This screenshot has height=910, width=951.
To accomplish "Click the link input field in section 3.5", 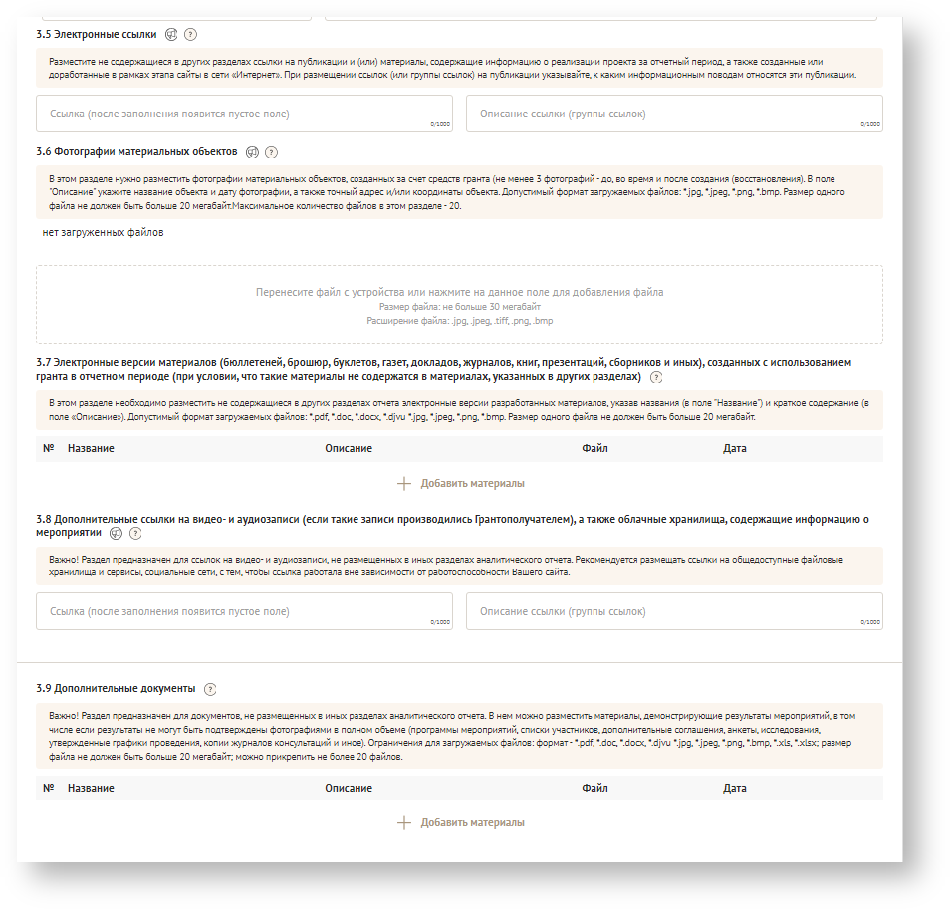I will [x=244, y=114].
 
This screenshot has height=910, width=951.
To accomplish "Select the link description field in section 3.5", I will [x=674, y=114].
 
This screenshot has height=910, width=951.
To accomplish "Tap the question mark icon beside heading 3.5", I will [x=191, y=34].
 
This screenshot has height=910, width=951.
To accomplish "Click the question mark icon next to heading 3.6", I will [x=271, y=152].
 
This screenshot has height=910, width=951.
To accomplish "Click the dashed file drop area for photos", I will [x=459, y=305].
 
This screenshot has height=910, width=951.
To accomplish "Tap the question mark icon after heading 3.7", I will [x=655, y=378].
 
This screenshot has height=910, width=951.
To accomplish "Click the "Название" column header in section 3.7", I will [x=91, y=449].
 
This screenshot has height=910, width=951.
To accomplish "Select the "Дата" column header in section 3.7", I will [x=735, y=449].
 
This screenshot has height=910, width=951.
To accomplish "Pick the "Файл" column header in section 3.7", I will [x=594, y=449].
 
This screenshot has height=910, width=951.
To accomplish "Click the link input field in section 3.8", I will [x=244, y=611].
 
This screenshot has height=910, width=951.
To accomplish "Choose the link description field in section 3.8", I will [x=674, y=611].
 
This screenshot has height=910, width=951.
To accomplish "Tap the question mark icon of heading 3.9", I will [x=210, y=689].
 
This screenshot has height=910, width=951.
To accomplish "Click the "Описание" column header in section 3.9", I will [x=349, y=789].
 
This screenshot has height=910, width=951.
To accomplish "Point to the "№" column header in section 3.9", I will [x=49, y=789].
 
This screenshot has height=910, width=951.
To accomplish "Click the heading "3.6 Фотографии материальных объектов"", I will [x=136, y=152].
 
